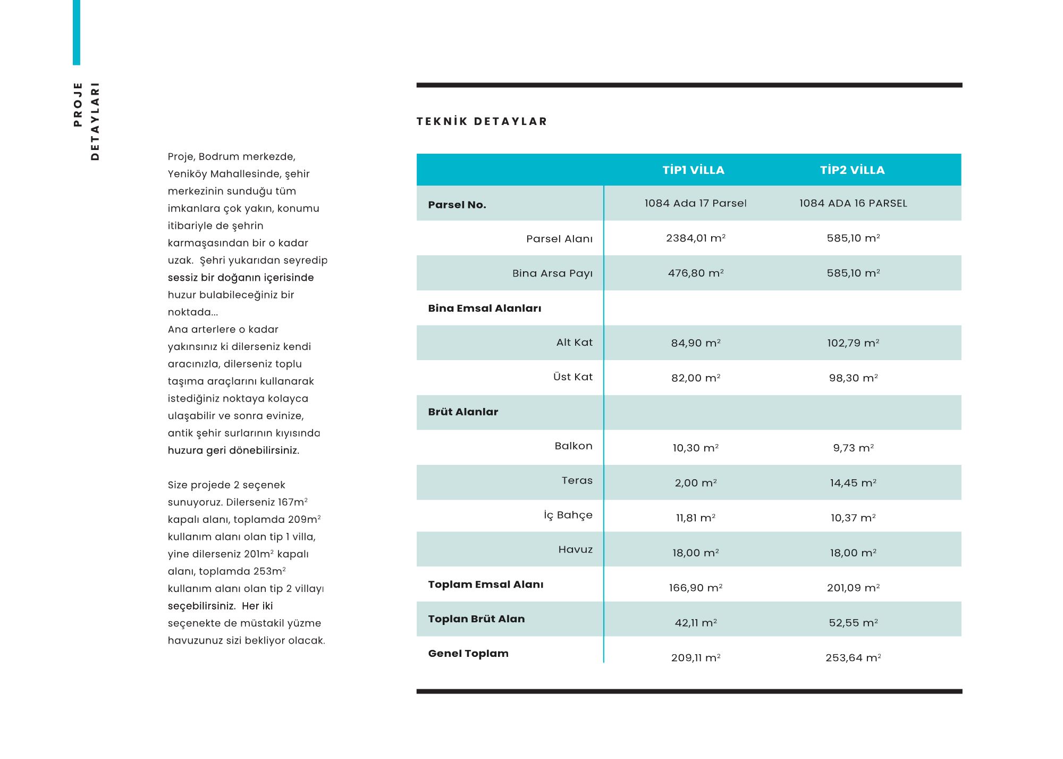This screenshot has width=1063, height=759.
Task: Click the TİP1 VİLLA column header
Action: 693,170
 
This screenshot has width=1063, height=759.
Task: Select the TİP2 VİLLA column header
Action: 852,170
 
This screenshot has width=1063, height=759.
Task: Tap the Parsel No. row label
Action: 457,205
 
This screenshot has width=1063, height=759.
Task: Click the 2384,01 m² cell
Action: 695,238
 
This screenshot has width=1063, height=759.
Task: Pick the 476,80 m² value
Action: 695,273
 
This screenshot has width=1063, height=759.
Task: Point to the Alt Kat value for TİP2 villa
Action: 853,343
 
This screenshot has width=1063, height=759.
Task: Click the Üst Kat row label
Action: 572,377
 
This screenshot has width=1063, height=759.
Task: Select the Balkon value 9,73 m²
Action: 853,448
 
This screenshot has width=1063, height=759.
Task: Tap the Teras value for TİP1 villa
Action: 695,483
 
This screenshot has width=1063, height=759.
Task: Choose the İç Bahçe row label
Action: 568,515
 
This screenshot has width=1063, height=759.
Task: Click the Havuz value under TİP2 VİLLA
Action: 853,553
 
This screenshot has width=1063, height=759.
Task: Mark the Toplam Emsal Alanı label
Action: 485,585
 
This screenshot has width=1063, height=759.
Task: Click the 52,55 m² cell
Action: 853,623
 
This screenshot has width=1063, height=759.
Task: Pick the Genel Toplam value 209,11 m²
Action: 695,658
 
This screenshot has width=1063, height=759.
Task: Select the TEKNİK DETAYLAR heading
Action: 482,122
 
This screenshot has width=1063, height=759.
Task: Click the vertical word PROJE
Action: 78,104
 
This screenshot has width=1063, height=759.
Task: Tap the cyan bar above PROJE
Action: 77,32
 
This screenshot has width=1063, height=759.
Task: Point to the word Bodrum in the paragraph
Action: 219,157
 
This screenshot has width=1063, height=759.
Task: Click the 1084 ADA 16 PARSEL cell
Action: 853,203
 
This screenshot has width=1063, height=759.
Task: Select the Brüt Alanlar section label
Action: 463,412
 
